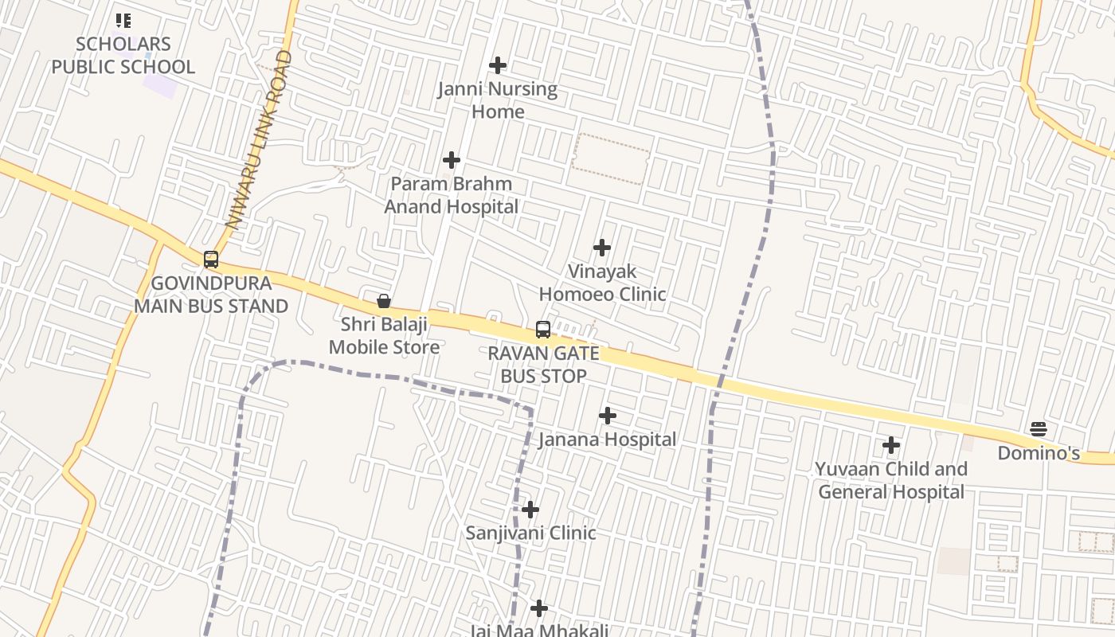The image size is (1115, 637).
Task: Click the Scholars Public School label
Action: click(123, 56)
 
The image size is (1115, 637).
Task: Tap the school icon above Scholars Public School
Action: click(123, 20)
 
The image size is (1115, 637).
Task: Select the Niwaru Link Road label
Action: click(259, 139)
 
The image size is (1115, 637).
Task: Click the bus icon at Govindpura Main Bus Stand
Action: click(210, 260)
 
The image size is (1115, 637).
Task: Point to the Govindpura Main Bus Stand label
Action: click(211, 295)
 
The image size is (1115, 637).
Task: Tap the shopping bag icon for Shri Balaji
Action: click(383, 301)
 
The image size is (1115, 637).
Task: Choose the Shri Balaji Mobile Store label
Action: click(384, 336)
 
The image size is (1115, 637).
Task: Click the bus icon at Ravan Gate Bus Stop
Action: click(543, 330)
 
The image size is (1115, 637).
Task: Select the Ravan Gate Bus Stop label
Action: click(544, 365)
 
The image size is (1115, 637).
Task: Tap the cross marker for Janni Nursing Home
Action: click(498, 65)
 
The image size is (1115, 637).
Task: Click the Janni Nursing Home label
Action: click(498, 100)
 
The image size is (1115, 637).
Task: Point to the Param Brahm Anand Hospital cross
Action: click(452, 160)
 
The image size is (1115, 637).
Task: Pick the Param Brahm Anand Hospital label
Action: click(452, 196)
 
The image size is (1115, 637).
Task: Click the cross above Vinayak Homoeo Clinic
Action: click(602, 248)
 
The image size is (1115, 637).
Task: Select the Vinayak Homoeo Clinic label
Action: click(602, 283)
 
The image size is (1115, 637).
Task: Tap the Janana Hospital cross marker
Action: click(608, 416)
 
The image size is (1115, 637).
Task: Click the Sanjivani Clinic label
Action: click(530, 533)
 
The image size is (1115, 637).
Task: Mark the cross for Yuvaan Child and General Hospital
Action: click(891, 445)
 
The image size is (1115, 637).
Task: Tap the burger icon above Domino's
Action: click(1039, 429)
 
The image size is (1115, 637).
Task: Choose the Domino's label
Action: click(1039, 453)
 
